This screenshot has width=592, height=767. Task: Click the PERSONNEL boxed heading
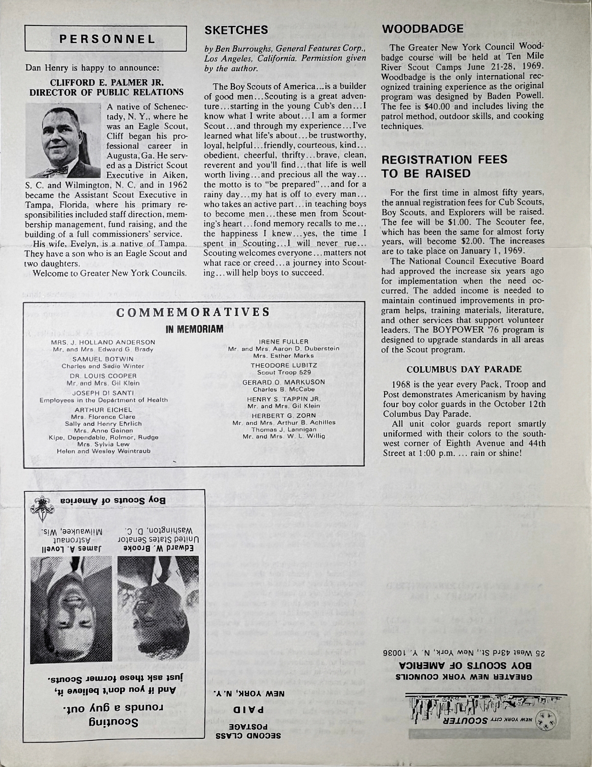point(106,39)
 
